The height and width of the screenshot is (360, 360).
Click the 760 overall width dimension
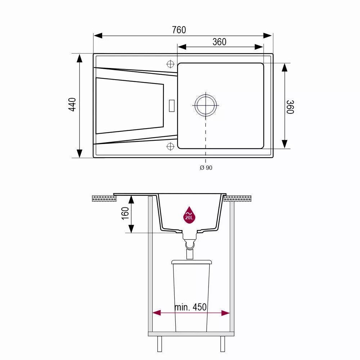pos(179,30)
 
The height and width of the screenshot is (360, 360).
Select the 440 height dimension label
pos(73,105)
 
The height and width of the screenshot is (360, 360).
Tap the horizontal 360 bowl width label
pos(219,42)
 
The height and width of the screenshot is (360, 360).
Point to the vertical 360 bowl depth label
pos(290,107)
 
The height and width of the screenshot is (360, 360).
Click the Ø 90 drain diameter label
pos(206,168)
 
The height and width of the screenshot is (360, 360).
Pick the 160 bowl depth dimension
pos(125,213)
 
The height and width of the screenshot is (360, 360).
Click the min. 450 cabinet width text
pos(190,307)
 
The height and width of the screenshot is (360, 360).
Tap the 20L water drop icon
pos(189,215)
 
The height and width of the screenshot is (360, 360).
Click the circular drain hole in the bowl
pos(206,105)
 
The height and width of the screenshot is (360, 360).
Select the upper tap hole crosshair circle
pos(170,64)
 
